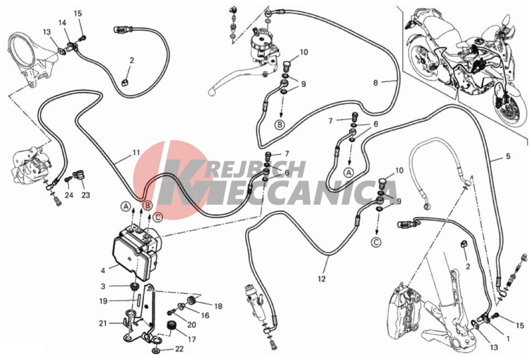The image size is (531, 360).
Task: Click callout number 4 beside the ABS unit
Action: pos(103,271)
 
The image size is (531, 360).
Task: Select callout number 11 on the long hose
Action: pos(136,153)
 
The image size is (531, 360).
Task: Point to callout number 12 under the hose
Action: pos(321,279)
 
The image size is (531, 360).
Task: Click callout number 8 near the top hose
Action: pos(375,83)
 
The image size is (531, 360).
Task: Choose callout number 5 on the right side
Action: pos(508,156)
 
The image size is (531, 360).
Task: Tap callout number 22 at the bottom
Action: pos(179,349)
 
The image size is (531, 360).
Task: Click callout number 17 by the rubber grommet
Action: pos(192,339)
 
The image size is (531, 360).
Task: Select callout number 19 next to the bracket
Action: pos(103,301)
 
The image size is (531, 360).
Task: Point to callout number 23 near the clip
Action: pos(86,195)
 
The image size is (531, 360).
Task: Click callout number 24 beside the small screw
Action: pos(69,195)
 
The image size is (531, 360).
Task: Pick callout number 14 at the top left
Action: pos(62,23)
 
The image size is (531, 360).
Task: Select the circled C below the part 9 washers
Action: pos(376,242)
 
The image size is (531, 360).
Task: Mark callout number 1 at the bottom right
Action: pos(508,338)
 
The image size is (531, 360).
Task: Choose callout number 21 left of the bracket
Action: pos(103,323)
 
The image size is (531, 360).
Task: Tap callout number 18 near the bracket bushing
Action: pos(218,306)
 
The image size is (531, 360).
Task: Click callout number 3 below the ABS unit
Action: pos(103,286)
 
